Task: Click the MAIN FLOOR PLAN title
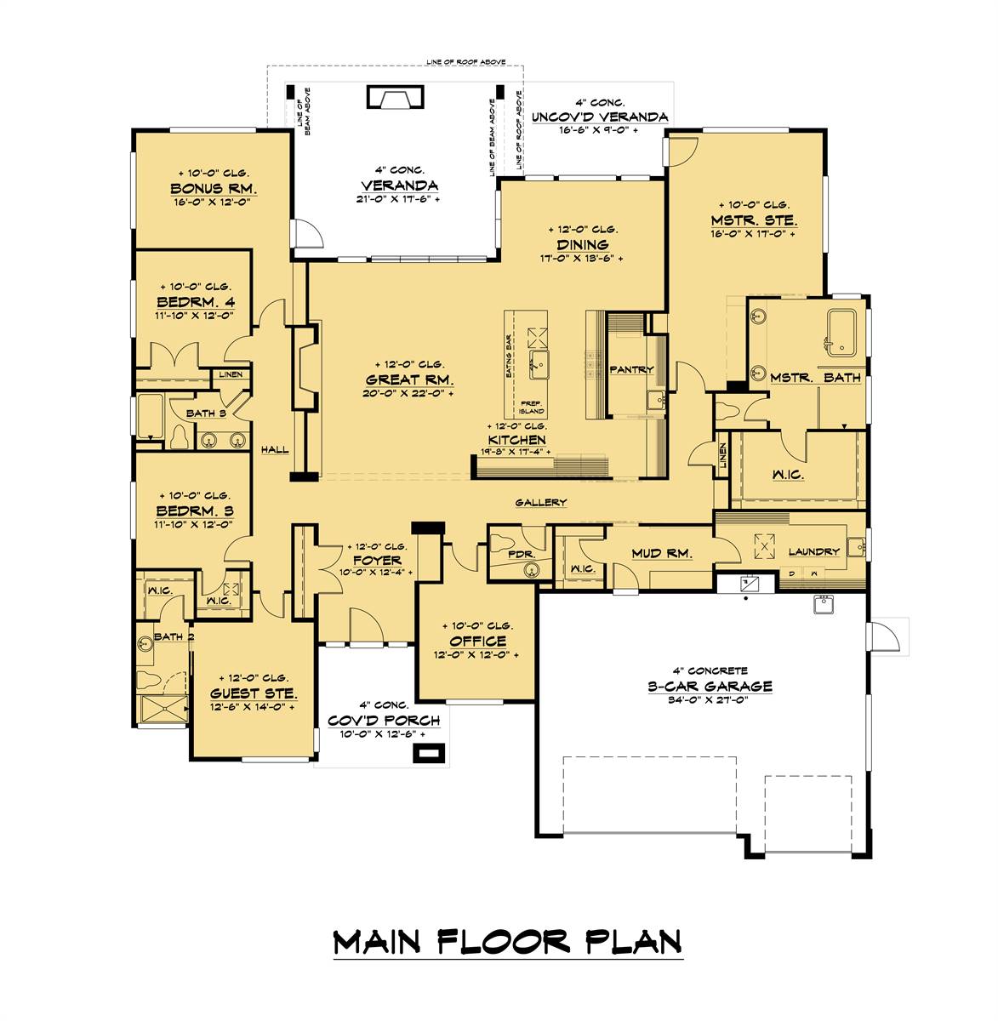click(507, 942)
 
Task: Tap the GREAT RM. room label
click(409, 379)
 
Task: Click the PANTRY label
click(631, 369)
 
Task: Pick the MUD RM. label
click(661, 553)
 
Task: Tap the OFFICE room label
click(477, 641)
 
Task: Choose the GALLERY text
click(540, 503)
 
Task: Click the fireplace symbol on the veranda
click(395, 98)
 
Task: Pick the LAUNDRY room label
click(813, 551)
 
